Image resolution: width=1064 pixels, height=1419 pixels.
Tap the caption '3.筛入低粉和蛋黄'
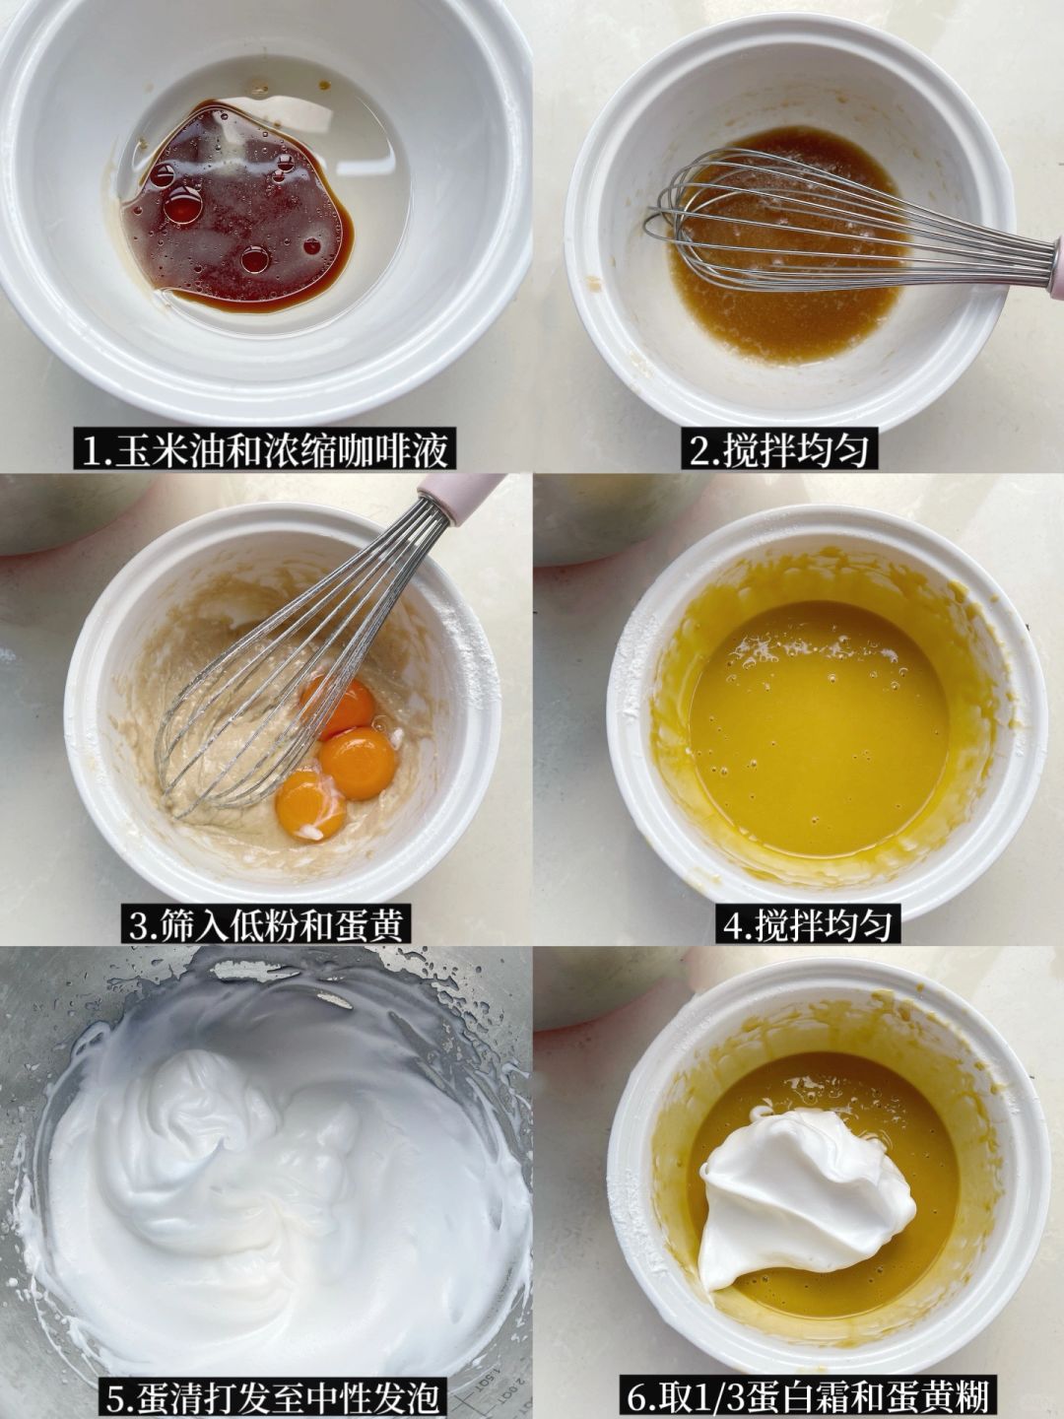(x=266, y=925)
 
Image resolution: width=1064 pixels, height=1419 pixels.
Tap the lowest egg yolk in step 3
(x=310, y=805)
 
